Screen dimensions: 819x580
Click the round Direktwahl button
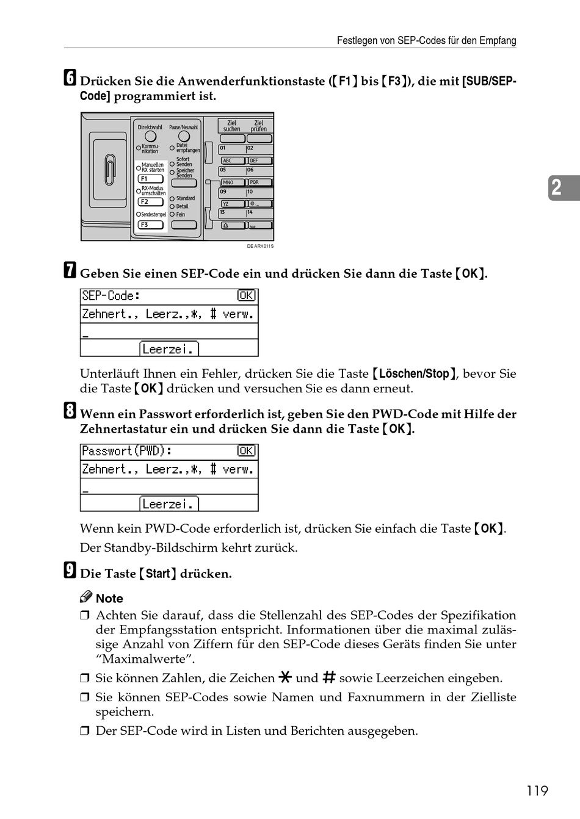150,137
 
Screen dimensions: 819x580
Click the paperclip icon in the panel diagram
109,169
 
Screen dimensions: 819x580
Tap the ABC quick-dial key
231,161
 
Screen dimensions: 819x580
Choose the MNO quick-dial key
231,182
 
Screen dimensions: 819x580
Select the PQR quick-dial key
259,182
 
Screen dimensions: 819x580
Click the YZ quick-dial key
231,204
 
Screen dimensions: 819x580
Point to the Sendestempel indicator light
139,215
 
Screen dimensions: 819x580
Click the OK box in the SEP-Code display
247,296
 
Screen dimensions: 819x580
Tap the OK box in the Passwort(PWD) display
247,451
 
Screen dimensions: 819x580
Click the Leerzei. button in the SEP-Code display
169,349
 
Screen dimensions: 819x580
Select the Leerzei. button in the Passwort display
169,504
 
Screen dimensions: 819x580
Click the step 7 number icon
70,272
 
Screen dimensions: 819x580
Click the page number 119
537,791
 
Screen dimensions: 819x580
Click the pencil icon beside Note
86,597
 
